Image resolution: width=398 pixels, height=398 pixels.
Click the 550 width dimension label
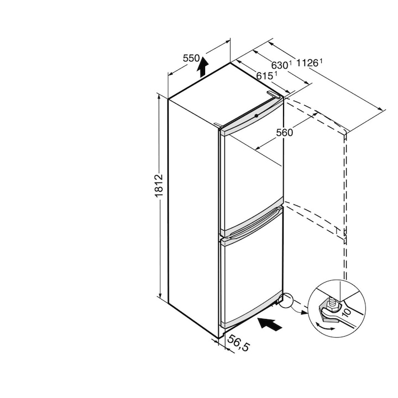[191, 59]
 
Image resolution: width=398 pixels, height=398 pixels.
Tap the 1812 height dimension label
[159, 186]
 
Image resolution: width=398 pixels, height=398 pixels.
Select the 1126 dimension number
[307, 62]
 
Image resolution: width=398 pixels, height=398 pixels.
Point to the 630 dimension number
[280, 65]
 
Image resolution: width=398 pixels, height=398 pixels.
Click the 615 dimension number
[264, 76]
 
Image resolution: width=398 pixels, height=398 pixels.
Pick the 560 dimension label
[284, 133]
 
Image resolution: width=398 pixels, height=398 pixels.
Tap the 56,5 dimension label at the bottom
[238, 343]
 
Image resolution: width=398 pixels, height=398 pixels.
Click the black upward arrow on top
[202, 66]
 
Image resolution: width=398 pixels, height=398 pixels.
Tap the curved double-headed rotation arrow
[325, 327]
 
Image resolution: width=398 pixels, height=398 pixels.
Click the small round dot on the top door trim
[256, 116]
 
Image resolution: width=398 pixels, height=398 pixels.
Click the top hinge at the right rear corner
[274, 94]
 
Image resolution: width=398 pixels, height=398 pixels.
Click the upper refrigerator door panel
[252, 177]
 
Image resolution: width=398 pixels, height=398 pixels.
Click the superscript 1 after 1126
[321, 61]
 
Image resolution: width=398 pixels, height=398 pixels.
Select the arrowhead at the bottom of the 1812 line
[160, 295]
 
